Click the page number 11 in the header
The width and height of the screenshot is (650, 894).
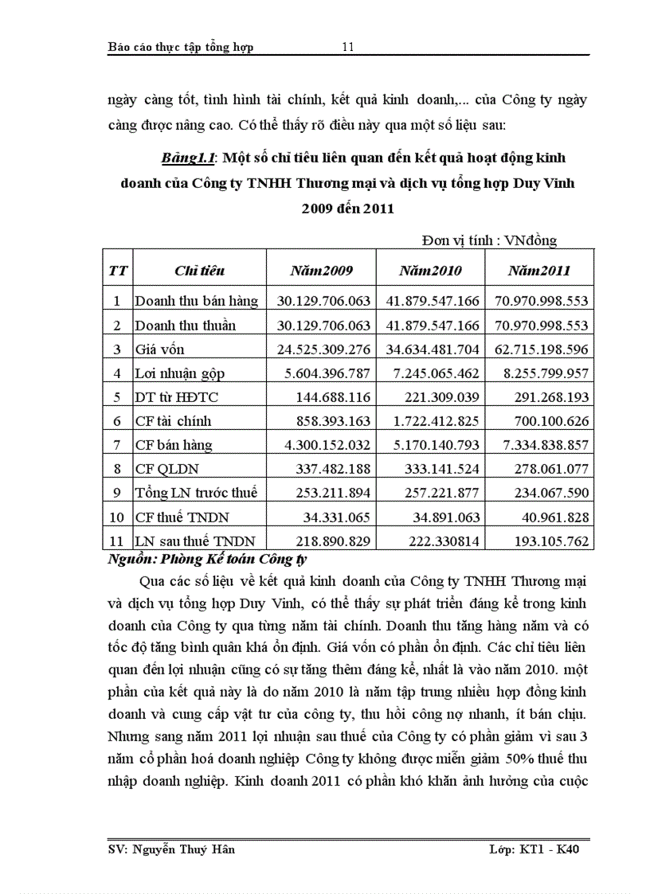[347, 47]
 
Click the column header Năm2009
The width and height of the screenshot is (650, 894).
[321, 271]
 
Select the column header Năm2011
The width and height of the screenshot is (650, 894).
[539, 271]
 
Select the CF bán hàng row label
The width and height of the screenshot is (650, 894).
[174, 445]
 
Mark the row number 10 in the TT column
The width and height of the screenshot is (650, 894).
[117, 517]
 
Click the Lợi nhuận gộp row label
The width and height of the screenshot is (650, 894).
[180, 373]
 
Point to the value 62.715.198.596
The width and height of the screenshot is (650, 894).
[540, 349]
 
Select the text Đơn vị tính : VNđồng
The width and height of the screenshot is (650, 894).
[489, 240]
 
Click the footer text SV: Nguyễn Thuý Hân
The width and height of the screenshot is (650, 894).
[171, 849]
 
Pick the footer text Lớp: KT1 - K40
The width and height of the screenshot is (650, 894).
[538, 849]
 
